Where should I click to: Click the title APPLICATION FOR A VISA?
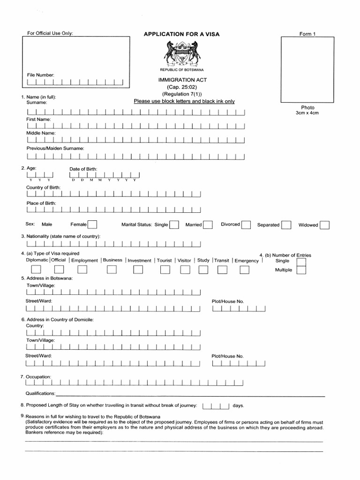coord(181,34)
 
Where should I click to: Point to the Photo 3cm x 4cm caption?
coord(307,110)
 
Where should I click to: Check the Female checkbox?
coord(93,225)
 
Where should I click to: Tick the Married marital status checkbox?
coord(208,225)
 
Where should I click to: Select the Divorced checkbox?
coord(246,225)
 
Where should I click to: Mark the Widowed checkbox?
coord(324,225)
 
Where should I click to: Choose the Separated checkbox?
coord(286,225)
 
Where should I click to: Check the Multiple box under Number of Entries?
coord(301,270)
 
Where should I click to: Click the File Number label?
coord(41,75)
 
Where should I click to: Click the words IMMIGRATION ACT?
coord(182,80)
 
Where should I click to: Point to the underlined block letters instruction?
coord(184,101)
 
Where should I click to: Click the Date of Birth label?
coord(83,169)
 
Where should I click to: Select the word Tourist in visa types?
coord(164,260)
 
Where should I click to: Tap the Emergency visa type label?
coord(247,261)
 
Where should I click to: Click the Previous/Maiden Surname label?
coord(55,148)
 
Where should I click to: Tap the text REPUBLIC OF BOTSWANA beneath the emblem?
coord(183,69)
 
